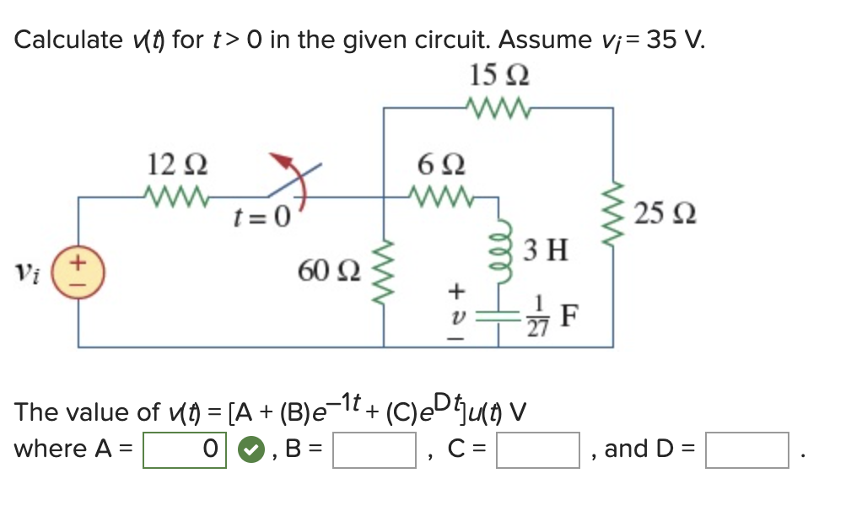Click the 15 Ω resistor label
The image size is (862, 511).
point(499,78)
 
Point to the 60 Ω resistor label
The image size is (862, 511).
point(329,272)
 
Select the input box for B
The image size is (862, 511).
point(374,449)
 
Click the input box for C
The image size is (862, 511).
point(538,449)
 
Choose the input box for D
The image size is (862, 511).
point(747,449)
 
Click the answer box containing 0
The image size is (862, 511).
point(185,449)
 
